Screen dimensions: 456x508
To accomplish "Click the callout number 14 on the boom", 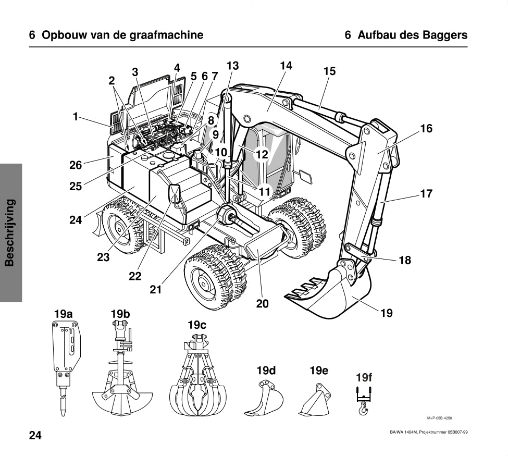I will tap(286, 66).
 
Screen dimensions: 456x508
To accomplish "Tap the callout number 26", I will tap(76, 166).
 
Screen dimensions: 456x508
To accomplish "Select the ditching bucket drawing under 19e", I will tap(316, 400).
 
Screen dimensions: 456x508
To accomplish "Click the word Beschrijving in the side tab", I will tap(10, 232).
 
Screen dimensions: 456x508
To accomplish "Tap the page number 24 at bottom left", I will tap(35, 436).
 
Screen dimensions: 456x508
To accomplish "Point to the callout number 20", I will tap(263, 303).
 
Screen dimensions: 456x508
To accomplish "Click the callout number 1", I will tap(76, 117).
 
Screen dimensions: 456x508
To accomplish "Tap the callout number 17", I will tap(426, 194).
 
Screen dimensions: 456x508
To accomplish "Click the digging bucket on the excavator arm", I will tap(333, 294).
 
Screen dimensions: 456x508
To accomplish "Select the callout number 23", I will tap(103, 257).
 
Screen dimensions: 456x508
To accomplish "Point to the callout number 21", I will tap(155, 290).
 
